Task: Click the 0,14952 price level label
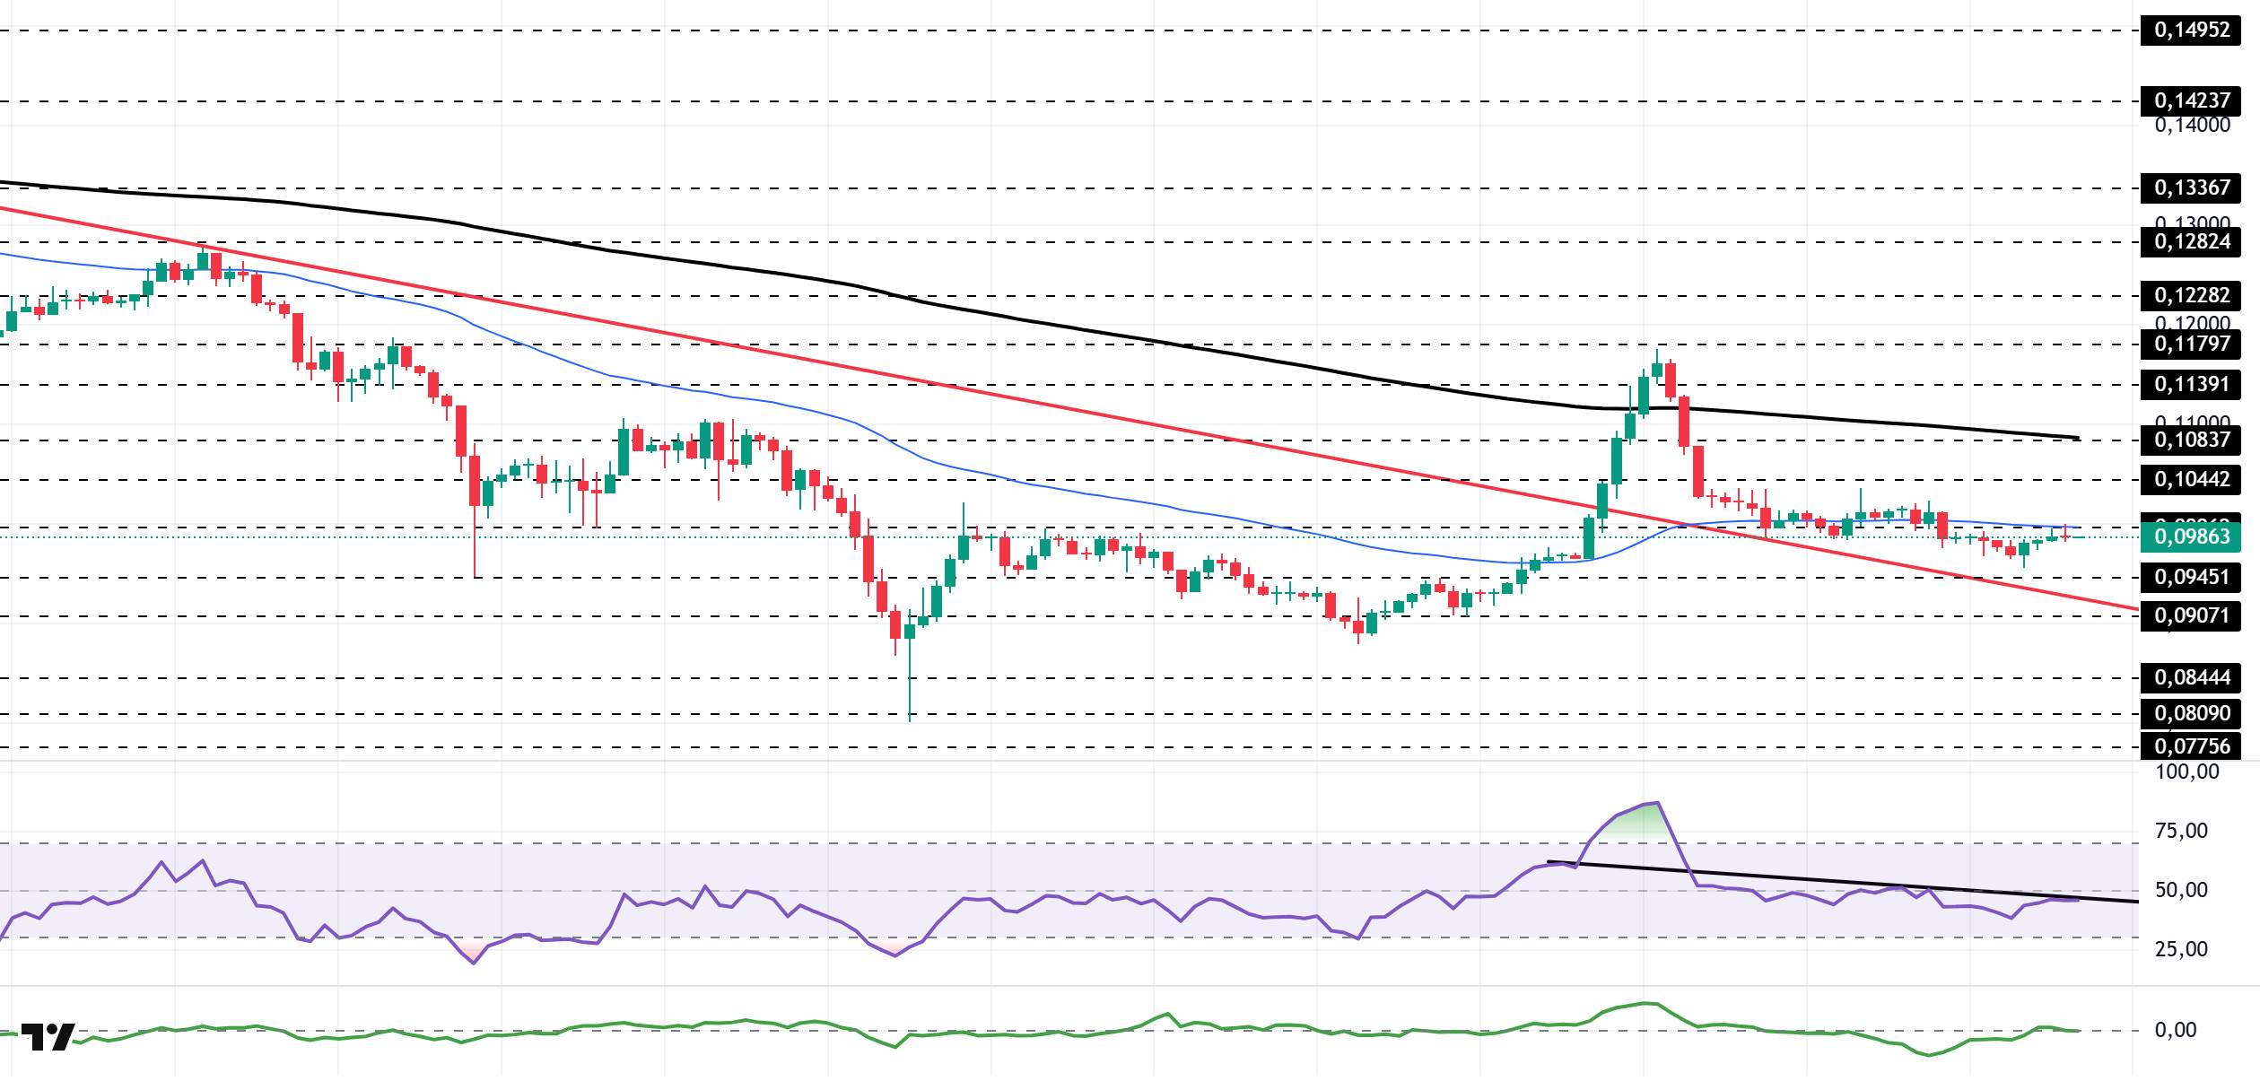pyautogui.click(x=2190, y=30)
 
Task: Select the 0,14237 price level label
pyautogui.click(x=2190, y=100)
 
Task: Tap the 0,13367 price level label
pyautogui.click(x=2190, y=187)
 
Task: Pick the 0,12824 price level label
pyautogui.click(x=2190, y=241)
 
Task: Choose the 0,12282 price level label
pyautogui.click(x=2190, y=295)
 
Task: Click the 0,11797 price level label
pyautogui.click(x=2190, y=344)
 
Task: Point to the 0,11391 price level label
pyautogui.click(x=2190, y=384)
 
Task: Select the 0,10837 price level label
pyautogui.click(x=2190, y=440)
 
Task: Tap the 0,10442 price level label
pyautogui.click(x=2190, y=479)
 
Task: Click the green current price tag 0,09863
pyautogui.click(x=2190, y=536)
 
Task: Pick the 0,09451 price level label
pyautogui.click(x=2190, y=577)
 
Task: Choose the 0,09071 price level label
pyautogui.click(x=2190, y=615)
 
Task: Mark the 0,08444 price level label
pyautogui.click(x=2190, y=677)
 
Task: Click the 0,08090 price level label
pyautogui.click(x=2190, y=713)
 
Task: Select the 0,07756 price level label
pyautogui.click(x=2190, y=746)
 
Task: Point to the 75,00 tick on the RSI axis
pyautogui.click(x=2181, y=831)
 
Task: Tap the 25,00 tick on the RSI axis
pyautogui.click(x=2181, y=949)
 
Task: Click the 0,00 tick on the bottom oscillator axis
pyautogui.click(x=2176, y=1030)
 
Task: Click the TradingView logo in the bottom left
pyautogui.click(x=48, y=1037)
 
